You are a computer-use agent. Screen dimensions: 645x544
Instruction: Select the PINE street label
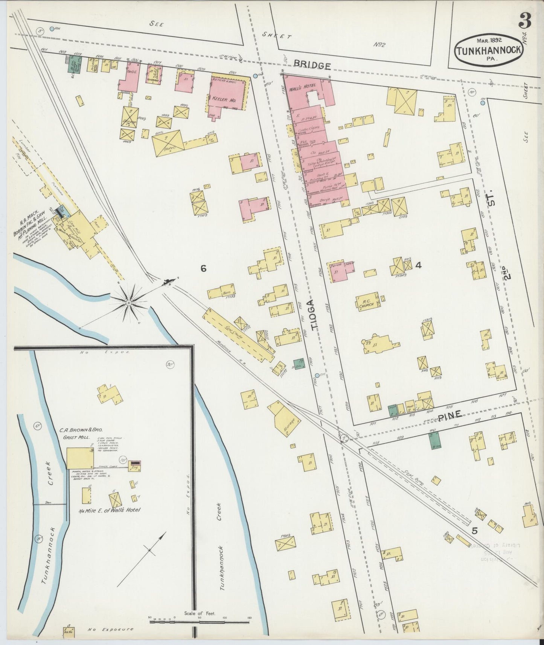coord(450,415)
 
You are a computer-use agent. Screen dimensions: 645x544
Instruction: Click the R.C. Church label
coord(366,303)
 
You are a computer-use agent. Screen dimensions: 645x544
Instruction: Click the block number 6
coord(203,268)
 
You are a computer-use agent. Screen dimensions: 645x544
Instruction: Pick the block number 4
coord(418,265)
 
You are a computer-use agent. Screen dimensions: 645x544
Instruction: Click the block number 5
coord(474,531)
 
